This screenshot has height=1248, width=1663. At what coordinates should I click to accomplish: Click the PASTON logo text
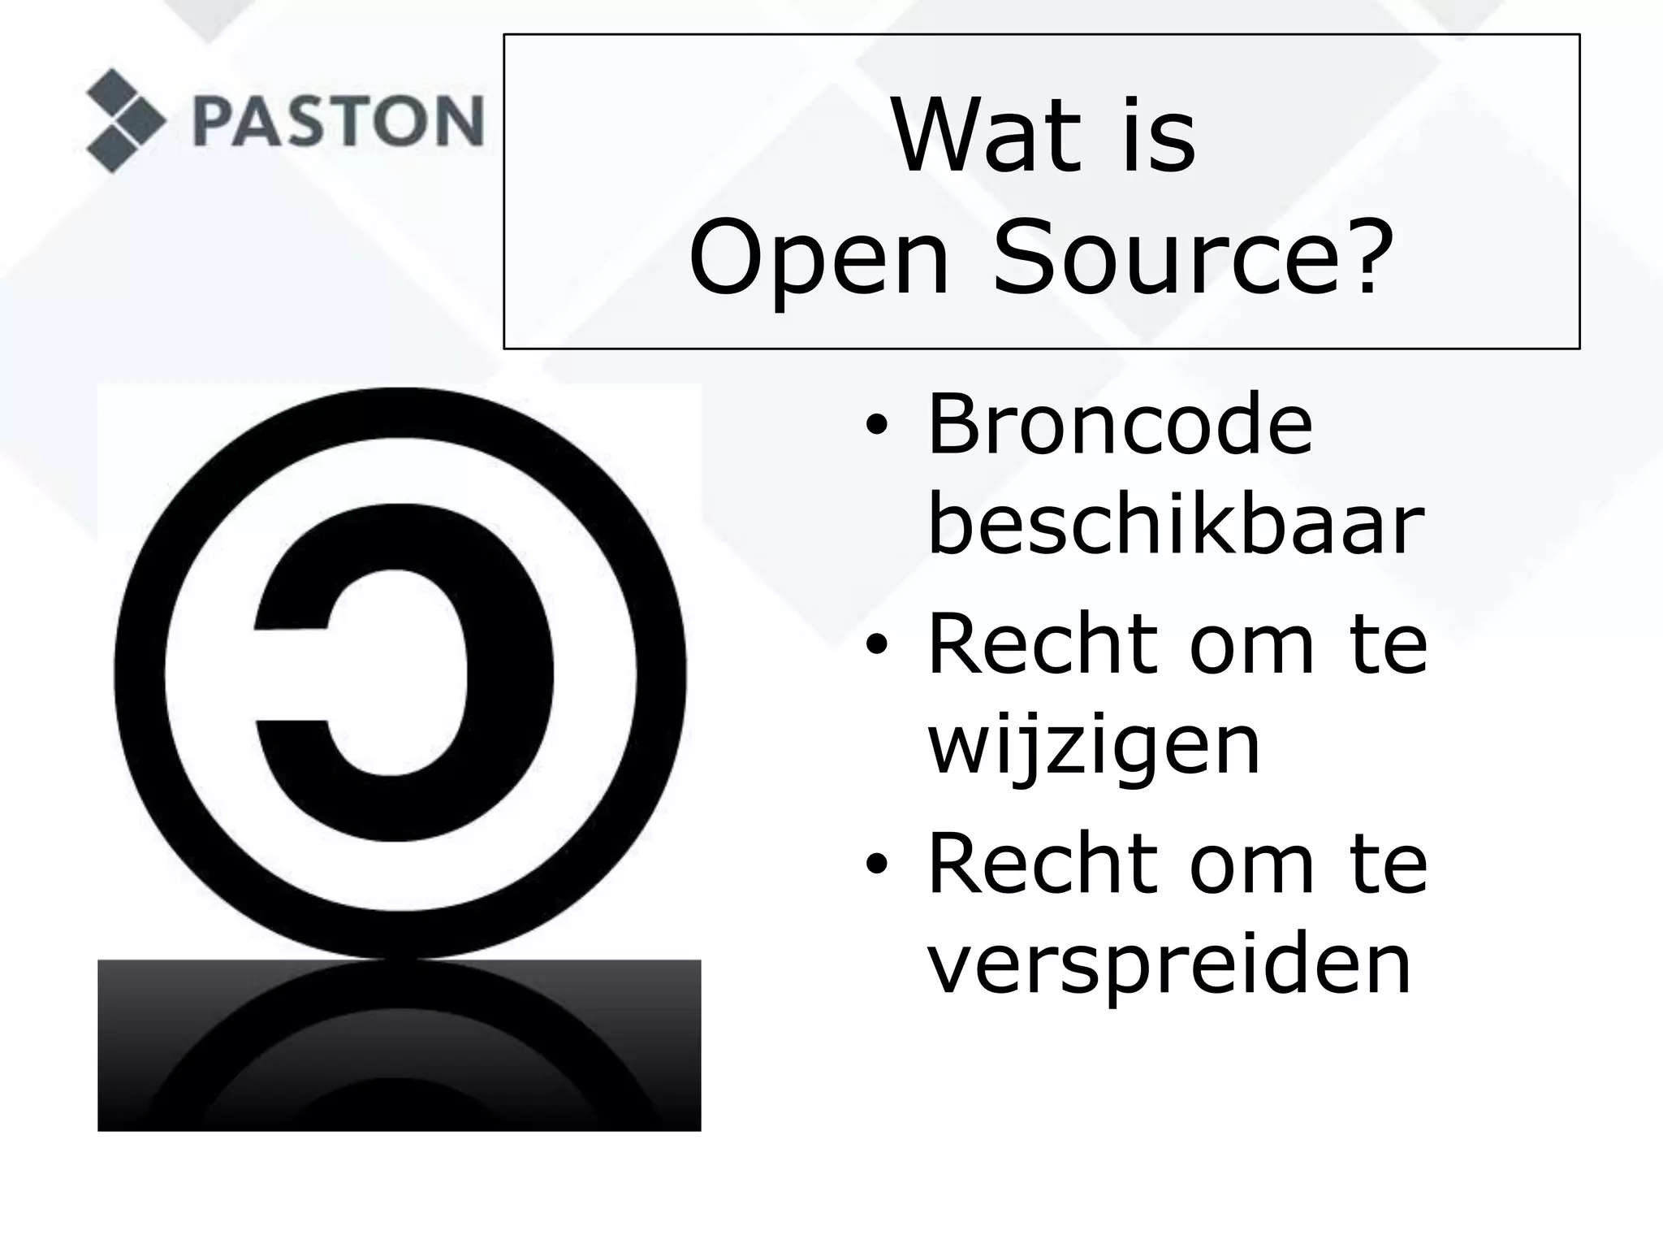(338, 121)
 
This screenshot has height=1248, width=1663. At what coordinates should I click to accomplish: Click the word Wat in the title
(986, 135)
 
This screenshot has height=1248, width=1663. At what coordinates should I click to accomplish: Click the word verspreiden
(1169, 965)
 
